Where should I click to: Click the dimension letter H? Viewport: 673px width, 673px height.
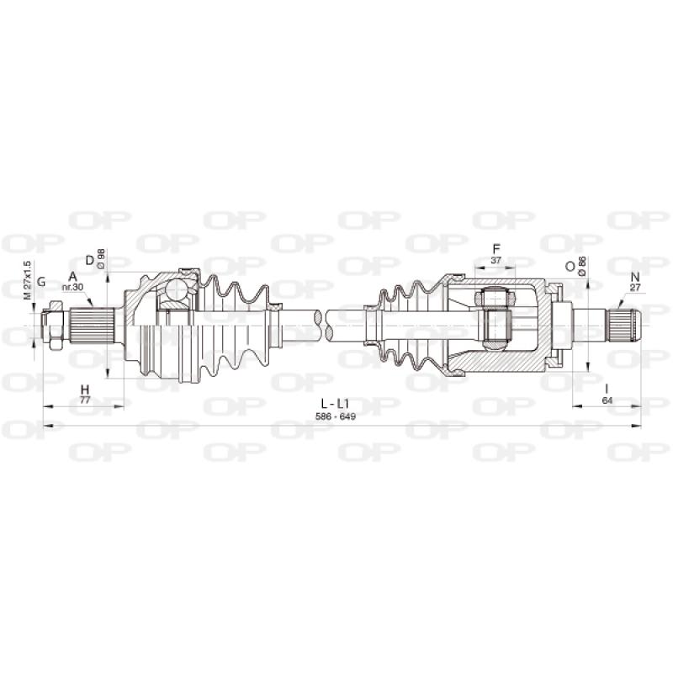tap(85, 389)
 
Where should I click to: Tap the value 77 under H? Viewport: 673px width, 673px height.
tap(85, 400)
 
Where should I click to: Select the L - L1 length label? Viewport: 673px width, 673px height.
tap(335, 404)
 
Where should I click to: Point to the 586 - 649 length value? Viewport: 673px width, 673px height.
tap(335, 416)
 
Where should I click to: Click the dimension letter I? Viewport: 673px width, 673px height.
tap(607, 389)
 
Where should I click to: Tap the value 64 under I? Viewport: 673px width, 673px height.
tap(607, 400)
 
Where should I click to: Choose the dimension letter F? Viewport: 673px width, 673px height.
tap(496, 248)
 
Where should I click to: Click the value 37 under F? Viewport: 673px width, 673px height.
tap(495, 260)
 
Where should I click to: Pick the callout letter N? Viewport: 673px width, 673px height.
tap(635, 277)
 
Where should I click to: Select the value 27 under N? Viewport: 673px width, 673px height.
tap(635, 288)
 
